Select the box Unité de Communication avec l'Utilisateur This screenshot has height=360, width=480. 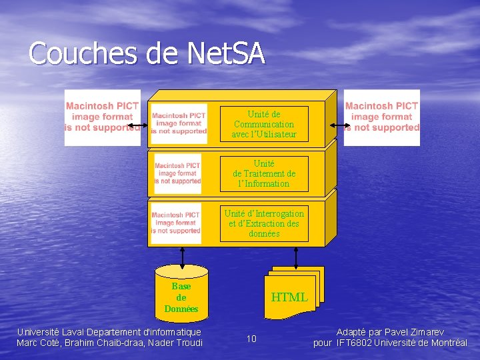[x=264, y=124]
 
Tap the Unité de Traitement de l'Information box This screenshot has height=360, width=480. [x=264, y=173]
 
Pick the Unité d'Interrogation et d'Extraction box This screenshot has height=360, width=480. [x=264, y=223]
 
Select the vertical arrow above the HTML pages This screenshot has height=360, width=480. [x=295, y=256]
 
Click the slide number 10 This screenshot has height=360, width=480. [x=251, y=339]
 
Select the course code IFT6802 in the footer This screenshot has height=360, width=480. [x=354, y=343]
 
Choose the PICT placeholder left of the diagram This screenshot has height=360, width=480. [x=102, y=117]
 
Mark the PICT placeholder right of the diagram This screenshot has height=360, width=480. [x=382, y=117]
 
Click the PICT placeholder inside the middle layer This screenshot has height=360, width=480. [x=177, y=173]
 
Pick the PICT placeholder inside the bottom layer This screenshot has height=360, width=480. [x=176, y=223]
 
